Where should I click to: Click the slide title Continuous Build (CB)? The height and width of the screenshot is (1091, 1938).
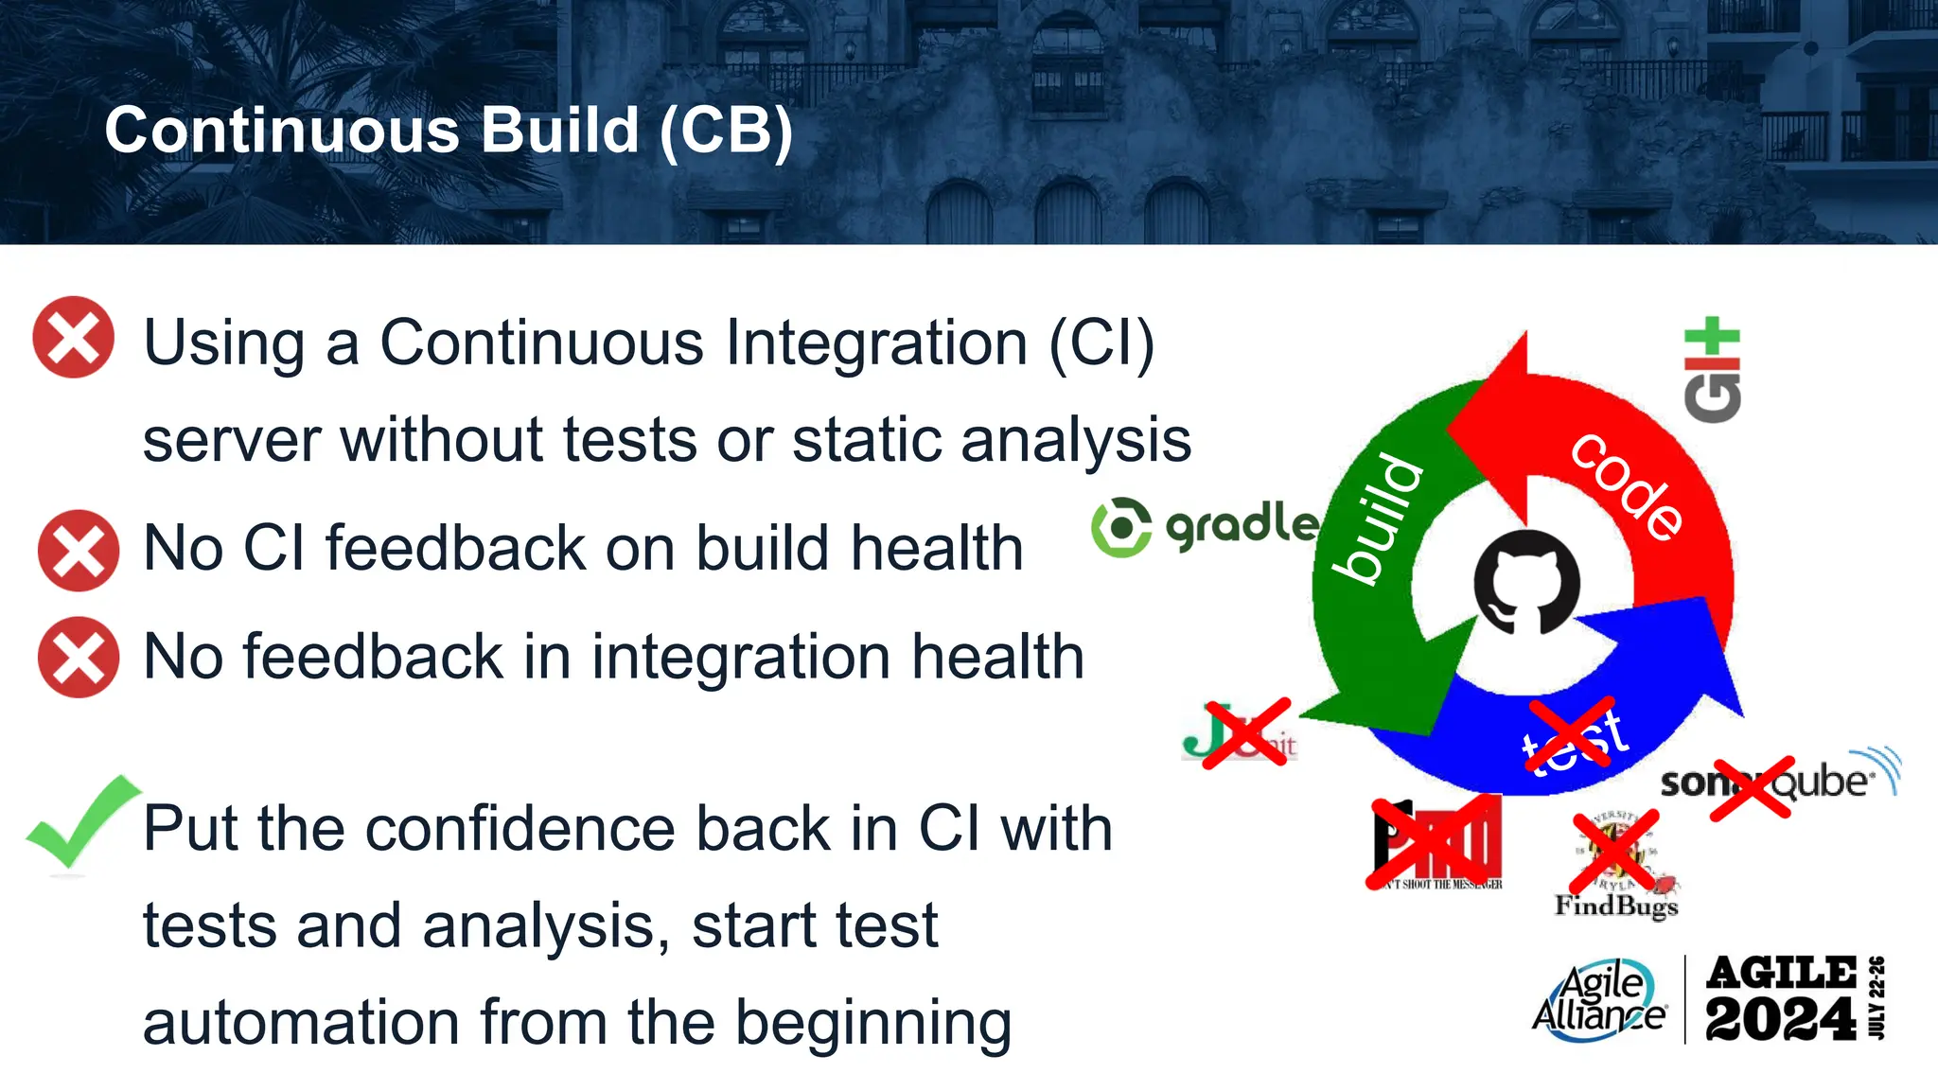tap(449, 130)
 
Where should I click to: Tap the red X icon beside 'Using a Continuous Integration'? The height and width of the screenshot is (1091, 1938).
tap(74, 337)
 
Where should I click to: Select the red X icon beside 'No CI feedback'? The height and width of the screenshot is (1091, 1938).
tap(79, 550)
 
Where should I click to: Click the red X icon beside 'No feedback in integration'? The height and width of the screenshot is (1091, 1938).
tap(79, 657)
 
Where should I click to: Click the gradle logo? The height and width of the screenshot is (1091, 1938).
tap(1205, 526)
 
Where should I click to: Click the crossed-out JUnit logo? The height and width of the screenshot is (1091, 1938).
tap(1240, 733)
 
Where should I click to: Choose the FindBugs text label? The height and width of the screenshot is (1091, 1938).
tap(1616, 906)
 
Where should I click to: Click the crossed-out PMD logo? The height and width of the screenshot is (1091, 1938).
tap(1437, 842)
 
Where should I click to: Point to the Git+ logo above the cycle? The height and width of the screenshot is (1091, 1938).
tap(1712, 371)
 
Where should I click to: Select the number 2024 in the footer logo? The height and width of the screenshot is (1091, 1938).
tap(1780, 1019)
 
